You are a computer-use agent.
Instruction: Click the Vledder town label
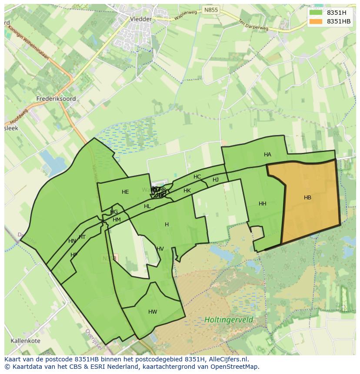(141, 19)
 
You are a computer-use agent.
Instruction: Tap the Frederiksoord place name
(56, 99)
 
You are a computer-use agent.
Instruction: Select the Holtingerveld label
(229, 320)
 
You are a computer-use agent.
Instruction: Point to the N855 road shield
(211, 10)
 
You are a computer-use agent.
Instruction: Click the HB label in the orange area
(307, 198)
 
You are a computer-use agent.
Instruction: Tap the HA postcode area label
(267, 155)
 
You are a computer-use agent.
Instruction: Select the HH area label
(263, 204)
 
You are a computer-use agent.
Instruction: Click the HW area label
(153, 312)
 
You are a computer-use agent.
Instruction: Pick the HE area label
(125, 192)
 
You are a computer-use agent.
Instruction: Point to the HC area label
(197, 177)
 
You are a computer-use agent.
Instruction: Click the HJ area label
(216, 180)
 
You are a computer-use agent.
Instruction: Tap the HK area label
(187, 191)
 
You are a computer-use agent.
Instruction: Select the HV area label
(160, 249)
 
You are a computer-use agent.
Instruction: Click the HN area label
(72, 241)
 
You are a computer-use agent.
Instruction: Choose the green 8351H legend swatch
(316, 13)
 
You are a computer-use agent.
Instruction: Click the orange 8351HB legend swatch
(316, 21)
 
